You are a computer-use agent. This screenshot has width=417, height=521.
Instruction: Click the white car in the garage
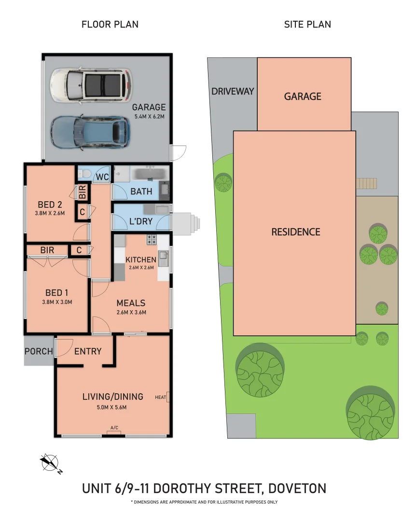click(x=91, y=84)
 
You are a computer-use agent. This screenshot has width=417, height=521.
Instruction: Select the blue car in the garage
click(x=90, y=132)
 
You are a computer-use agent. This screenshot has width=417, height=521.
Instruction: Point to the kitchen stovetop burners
click(x=152, y=239)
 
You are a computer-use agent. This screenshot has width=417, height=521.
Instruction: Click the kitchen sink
click(x=163, y=256)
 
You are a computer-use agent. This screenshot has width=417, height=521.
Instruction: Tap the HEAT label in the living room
click(x=161, y=397)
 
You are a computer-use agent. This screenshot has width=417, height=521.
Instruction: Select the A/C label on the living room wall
click(x=114, y=427)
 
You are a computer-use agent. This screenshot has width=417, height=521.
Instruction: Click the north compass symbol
click(x=51, y=463)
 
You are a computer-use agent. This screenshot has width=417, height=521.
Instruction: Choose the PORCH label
click(x=39, y=351)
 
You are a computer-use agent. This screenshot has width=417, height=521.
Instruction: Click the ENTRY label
click(x=88, y=351)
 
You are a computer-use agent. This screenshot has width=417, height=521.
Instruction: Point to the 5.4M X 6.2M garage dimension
click(x=149, y=117)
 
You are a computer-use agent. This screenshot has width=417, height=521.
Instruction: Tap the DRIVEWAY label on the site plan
click(x=233, y=91)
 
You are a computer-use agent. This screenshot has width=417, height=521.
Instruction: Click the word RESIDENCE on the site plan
click(x=296, y=232)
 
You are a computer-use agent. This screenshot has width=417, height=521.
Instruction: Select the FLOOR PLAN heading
click(x=110, y=24)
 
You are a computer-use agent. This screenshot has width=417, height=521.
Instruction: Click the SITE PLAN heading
click(x=307, y=24)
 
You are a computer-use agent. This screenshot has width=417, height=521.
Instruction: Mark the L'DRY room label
click(x=141, y=221)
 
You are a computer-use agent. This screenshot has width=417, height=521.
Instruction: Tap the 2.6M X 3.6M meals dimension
click(x=131, y=312)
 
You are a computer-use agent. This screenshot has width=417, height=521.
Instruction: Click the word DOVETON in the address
click(x=297, y=488)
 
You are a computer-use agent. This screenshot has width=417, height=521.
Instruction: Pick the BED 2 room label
click(x=50, y=205)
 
